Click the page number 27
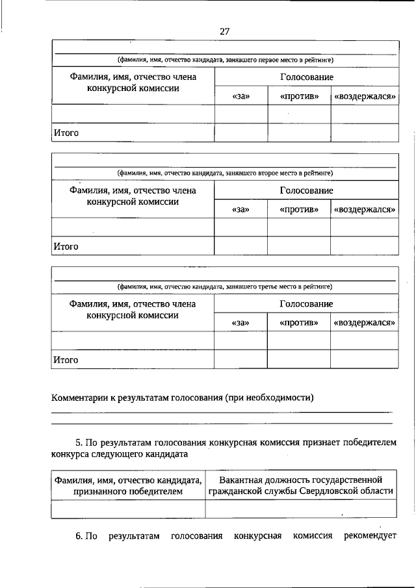click(x=225, y=31)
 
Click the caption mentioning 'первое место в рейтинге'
click(x=225, y=60)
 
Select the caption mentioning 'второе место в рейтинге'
click(x=225, y=173)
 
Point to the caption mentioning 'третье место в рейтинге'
click(x=225, y=287)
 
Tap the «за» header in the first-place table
click(x=240, y=96)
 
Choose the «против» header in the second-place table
click(x=299, y=209)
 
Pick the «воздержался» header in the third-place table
click(x=365, y=322)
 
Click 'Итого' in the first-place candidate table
click(x=66, y=133)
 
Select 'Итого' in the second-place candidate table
click(x=66, y=246)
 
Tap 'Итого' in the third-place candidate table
click(x=66, y=359)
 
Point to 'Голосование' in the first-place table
click(x=306, y=77)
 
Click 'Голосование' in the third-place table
click(x=306, y=303)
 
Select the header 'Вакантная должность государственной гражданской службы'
click(x=301, y=485)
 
